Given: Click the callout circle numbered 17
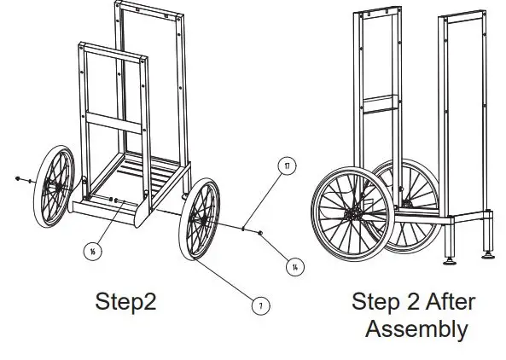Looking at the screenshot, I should pos(288,165).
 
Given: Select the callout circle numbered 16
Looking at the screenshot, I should pos(91,250).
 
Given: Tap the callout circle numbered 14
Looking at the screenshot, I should pos(294,267).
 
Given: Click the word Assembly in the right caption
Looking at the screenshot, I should pos(416,328).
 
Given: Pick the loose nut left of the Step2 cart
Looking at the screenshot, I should pos(19,178).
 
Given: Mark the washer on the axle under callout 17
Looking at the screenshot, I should pos(245,228).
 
